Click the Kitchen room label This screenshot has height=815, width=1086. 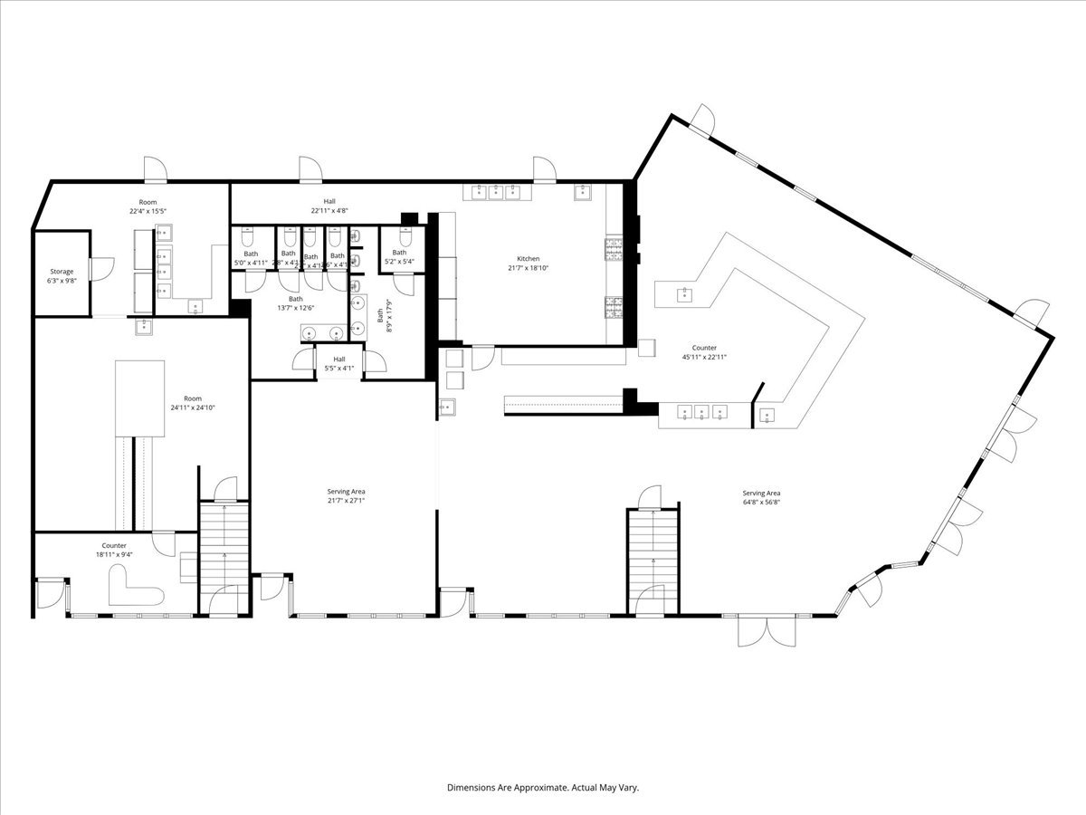528,259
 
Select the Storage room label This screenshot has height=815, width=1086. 62,272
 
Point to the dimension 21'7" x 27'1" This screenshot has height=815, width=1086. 346,501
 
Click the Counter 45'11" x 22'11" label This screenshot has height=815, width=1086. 704,352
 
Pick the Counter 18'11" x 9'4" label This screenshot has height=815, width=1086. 114,550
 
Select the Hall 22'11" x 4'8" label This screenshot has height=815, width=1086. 329,206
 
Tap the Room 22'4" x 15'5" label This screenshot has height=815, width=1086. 148,206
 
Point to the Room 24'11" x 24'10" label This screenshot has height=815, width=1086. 193,403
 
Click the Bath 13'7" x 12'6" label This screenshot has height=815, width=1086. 296,303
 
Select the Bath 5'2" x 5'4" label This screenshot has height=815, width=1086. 399,257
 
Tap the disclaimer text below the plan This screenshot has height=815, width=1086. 543,788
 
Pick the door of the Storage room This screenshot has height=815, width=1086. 101,270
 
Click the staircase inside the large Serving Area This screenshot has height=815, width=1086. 653,561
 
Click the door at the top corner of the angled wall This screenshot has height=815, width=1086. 702,117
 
